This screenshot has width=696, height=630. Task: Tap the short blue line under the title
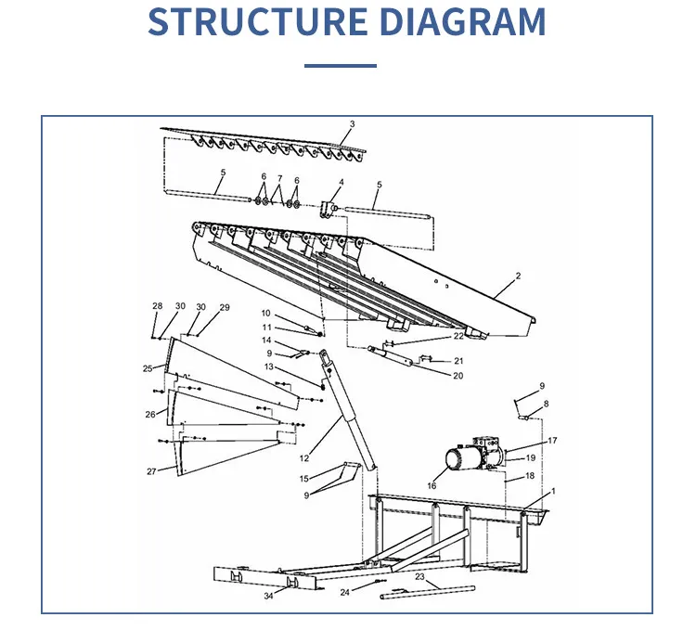341,66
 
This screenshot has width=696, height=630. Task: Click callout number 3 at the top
352,124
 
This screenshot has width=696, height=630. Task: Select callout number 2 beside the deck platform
518,276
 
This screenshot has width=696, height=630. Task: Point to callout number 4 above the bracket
341,182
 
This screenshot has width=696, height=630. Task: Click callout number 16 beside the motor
432,485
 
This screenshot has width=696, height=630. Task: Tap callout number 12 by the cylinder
304,458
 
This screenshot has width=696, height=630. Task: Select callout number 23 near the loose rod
419,577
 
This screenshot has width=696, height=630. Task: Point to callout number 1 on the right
553,491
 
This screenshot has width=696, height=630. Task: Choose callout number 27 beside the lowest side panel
151,471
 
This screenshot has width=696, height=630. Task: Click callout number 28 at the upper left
157,306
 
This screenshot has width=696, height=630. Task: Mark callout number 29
225,307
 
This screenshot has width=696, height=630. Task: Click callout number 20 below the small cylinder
458,376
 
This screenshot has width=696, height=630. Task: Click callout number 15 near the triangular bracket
303,479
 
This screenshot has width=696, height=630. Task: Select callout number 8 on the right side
546,404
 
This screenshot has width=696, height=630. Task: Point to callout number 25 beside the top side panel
147,368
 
